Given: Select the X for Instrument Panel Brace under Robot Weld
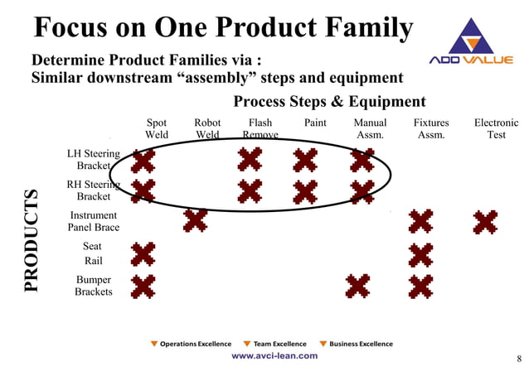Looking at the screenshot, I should pyautogui.click(x=195, y=220).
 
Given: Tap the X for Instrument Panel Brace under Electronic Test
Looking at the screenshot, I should pyautogui.click(x=485, y=221).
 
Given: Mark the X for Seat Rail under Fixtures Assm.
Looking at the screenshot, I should pyautogui.click(x=420, y=254).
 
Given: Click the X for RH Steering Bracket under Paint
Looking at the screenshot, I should pyautogui.click(x=305, y=191).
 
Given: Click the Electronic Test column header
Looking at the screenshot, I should pyautogui.click(x=496, y=128).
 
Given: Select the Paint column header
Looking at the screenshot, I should pyautogui.click(x=315, y=123).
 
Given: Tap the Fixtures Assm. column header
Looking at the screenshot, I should pyautogui.click(x=430, y=128).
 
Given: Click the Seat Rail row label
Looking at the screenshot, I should pyautogui.click(x=93, y=253).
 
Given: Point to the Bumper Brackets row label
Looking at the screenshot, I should pyautogui.click(x=94, y=286).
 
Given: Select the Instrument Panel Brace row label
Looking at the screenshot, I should pyautogui.click(x=94, y=221).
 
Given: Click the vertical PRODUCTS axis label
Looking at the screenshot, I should pyautogui.click(x=32, y=240).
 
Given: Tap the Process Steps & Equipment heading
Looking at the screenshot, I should pyautogui.click(x=329, y=102).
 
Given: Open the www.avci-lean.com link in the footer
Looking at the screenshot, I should pyautogui.click(x=274, y=355).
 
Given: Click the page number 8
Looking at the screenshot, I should pyautogui.click(x=519, y=358).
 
